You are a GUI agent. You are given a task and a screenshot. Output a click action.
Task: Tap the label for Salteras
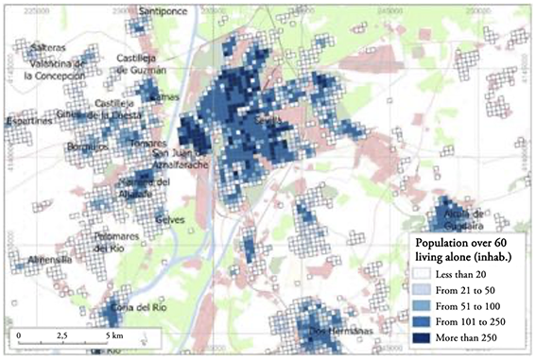pos(45,46)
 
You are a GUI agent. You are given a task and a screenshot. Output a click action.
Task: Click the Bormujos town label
pos(86,147)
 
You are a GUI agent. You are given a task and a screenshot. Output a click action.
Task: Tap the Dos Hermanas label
pos(328,333)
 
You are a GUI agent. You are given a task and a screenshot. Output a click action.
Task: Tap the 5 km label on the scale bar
pos(115,335)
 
